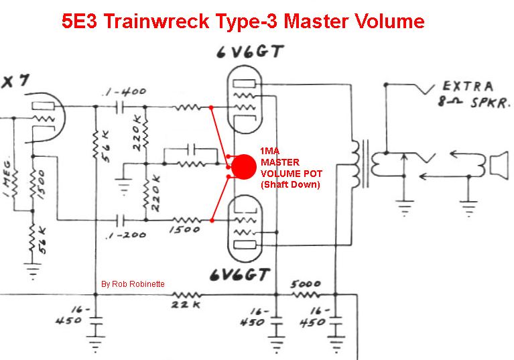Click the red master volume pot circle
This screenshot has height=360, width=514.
243,167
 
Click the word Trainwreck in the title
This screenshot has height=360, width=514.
157,21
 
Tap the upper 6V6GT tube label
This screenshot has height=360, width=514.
250,52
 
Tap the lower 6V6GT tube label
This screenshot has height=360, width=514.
240,275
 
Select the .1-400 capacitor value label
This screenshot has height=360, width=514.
124,91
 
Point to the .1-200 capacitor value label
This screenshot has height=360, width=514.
126,235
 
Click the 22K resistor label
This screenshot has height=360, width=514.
186,304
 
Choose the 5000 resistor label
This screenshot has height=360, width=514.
306,284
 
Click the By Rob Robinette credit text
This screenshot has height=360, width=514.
133,284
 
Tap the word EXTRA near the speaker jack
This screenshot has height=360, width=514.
468,86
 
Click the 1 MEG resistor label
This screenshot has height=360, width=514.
9,178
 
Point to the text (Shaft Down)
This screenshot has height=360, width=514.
290,184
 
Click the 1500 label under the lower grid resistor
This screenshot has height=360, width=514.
184,229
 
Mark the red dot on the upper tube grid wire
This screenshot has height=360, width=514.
211,107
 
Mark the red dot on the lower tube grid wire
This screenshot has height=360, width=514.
212,221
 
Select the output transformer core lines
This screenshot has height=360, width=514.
365,164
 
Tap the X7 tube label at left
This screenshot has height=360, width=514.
15,81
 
